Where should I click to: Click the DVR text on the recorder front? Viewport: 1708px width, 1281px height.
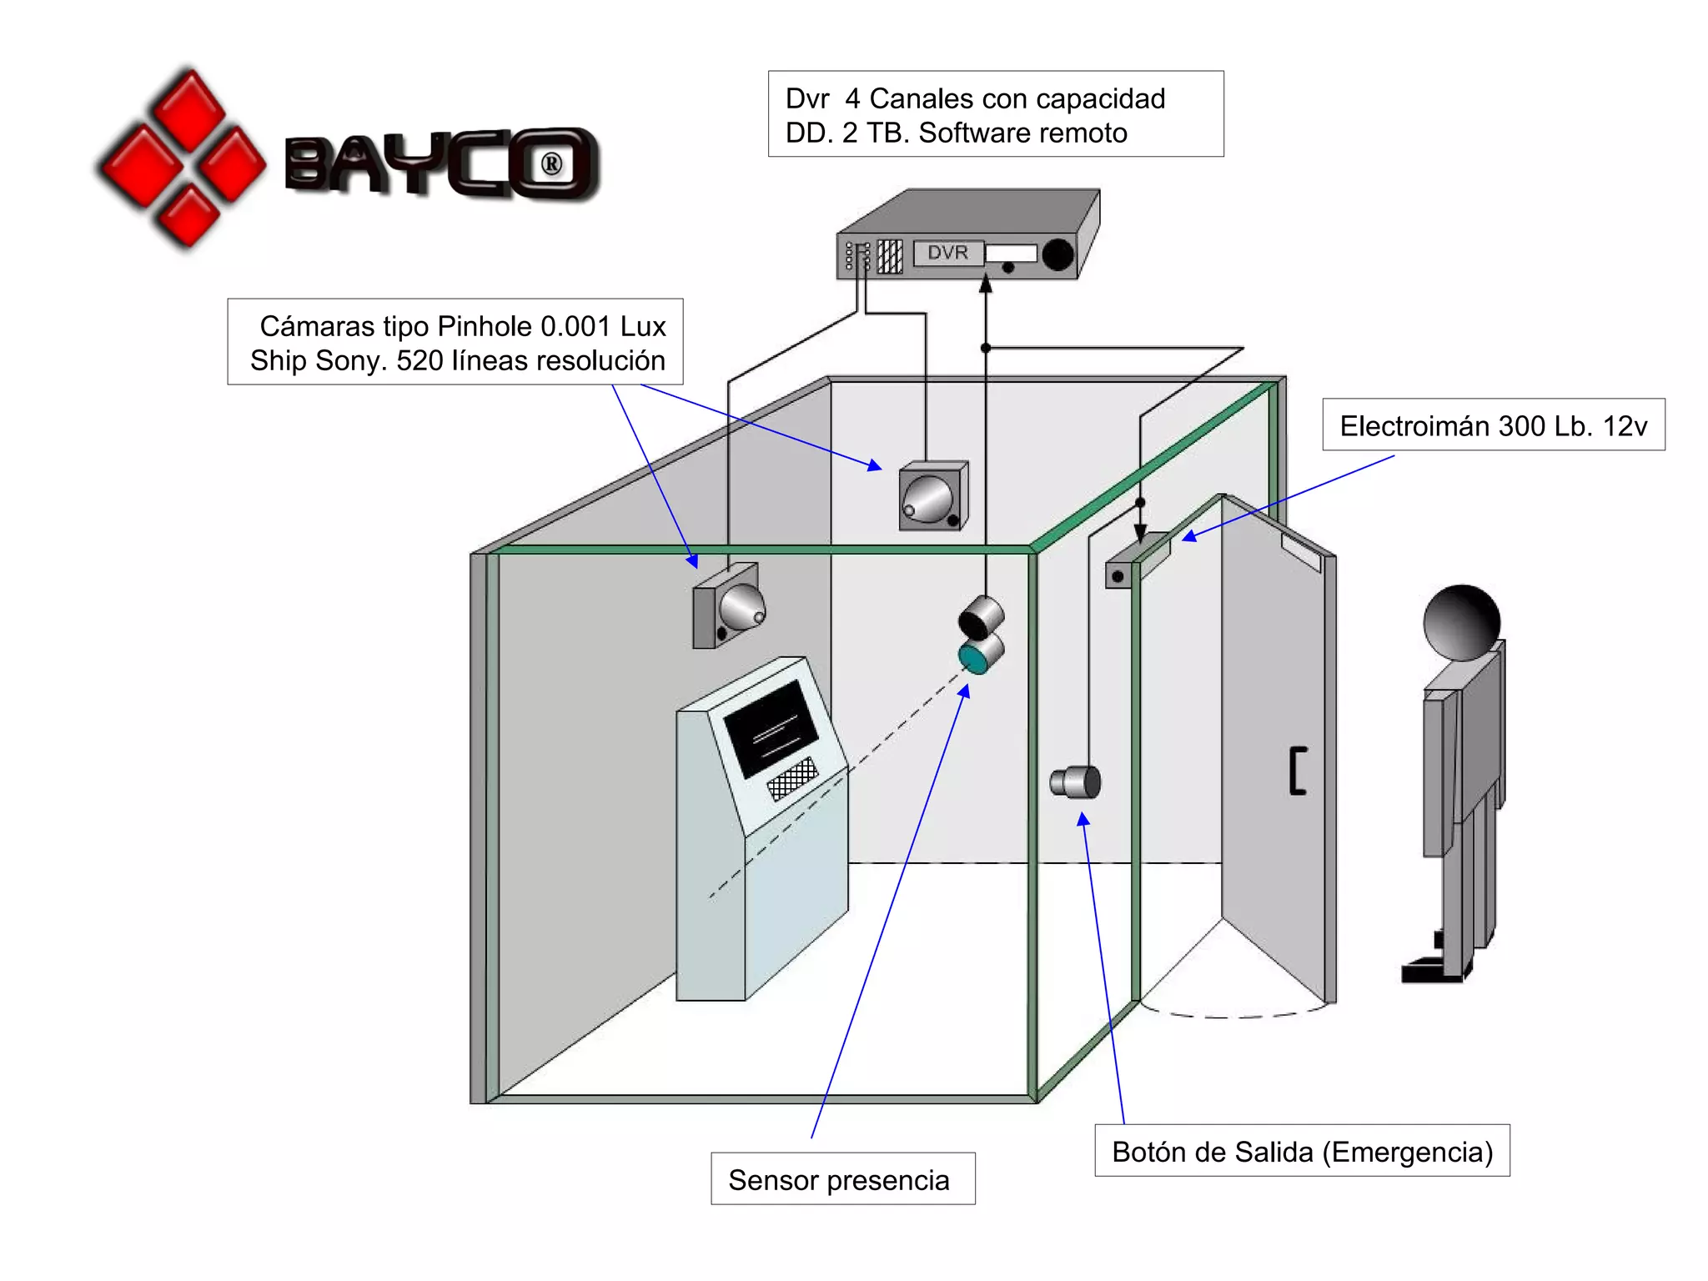tap(947, 252)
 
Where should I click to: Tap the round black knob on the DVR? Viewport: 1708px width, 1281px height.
tap(1057, 254)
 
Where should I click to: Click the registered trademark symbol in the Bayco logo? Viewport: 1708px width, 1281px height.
tap(551, 164)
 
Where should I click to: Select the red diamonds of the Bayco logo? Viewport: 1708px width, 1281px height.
tap(183, 158)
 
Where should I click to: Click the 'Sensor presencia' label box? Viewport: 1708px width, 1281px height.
tap(842, 1178)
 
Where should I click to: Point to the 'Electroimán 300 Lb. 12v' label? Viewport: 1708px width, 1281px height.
tap(1493, 425)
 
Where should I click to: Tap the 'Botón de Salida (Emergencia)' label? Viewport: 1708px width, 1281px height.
tap(1302, 1151)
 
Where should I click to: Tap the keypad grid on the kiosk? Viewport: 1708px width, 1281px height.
tap(792, 778)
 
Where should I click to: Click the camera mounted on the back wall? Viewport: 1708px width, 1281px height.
tap(932, 497)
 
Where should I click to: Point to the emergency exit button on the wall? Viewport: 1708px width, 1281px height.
tap(1076, 782)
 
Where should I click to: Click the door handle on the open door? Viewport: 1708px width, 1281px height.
tap(1297, 771)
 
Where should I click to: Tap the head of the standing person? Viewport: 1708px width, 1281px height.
tap(1461, 622)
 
